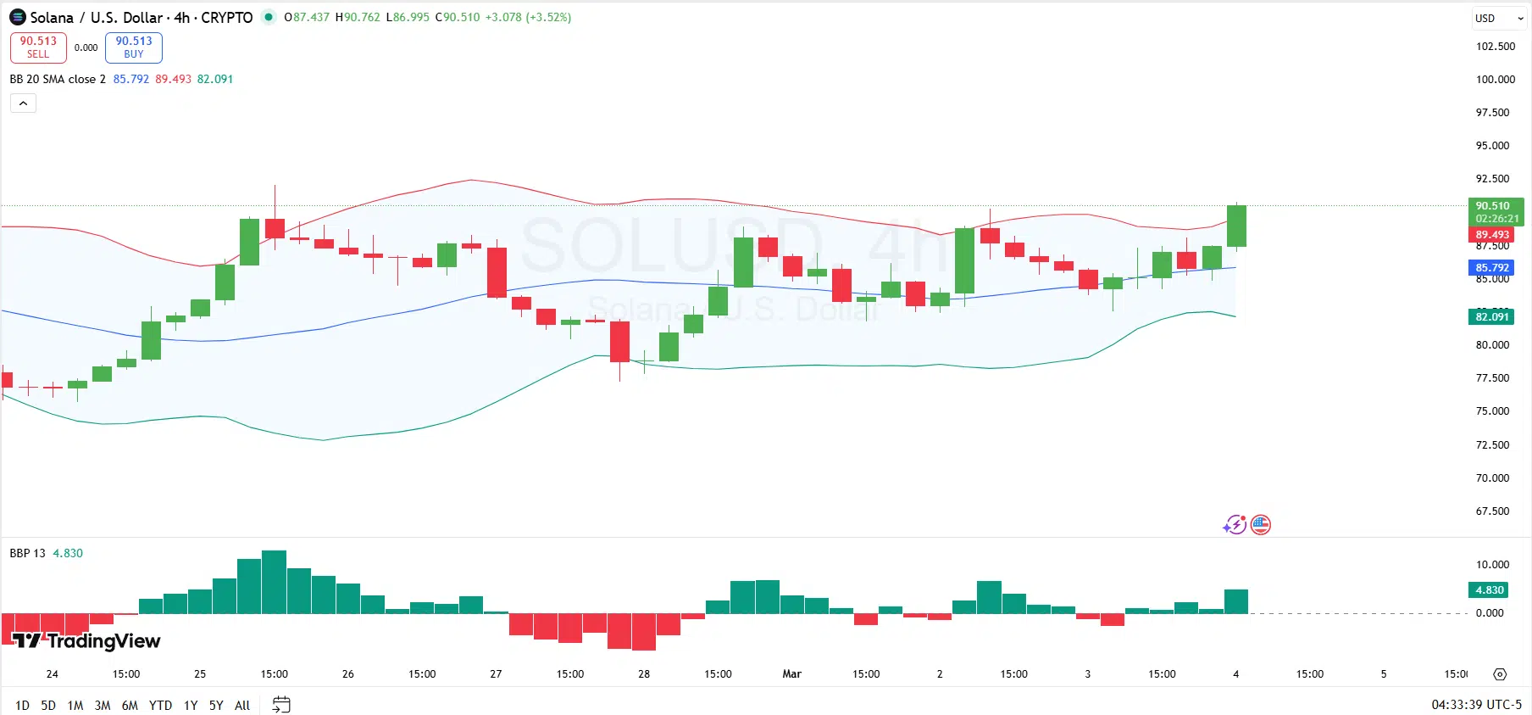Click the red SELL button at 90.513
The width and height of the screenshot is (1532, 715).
point(38,47)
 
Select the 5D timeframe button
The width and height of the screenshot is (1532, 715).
point(48,705)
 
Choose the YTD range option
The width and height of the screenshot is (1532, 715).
point(160,705)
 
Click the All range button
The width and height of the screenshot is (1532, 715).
point(242,705)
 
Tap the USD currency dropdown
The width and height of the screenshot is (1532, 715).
point(1499,18)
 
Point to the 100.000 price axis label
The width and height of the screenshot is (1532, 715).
point(1496,80)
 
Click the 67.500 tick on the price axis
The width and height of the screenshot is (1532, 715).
point(1492,511)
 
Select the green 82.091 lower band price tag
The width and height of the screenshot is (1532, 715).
point(1491,317)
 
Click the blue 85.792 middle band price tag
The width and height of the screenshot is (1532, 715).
point(1491,268)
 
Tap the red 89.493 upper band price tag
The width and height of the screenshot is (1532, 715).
point(1491,235)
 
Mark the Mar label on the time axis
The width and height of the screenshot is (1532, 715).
point(791,674)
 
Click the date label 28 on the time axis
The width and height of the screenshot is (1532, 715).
point(644,674)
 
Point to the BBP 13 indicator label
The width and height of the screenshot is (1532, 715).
point(27,553)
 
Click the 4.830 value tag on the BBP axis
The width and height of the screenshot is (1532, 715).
point(1489,590)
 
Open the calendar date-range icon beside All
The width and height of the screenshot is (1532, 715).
point(281,705)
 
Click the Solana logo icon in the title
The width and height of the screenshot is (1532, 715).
point(17,17)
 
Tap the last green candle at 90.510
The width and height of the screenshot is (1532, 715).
point(1236,226)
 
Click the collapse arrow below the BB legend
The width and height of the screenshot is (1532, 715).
point(23,103)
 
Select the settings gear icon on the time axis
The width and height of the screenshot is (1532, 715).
point(1500,674)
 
